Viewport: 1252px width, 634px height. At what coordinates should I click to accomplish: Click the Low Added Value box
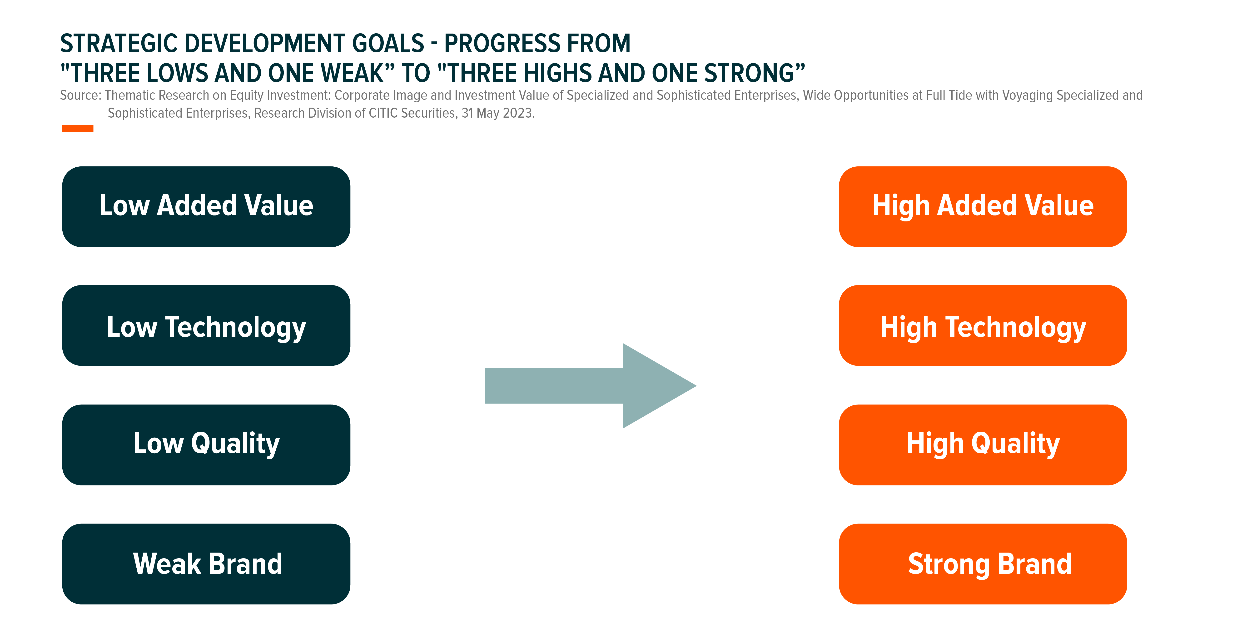pos(206,207)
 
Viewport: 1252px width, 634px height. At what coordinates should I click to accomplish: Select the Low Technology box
pos(206,325)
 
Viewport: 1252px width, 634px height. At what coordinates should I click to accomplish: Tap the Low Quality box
pos(206,444)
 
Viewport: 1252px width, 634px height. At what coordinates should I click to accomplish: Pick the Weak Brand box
pos(206,564)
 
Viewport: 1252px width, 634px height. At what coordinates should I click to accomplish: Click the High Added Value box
pos(983,207)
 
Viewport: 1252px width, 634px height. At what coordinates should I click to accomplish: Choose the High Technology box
pos(983,325)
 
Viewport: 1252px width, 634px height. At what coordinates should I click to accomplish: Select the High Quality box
pos(983,444)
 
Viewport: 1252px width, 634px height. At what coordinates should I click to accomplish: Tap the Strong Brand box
pos(983,564)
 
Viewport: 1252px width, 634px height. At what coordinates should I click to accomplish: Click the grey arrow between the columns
pos(591,385)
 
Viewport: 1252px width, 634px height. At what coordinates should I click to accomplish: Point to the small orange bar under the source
pos(78,128)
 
